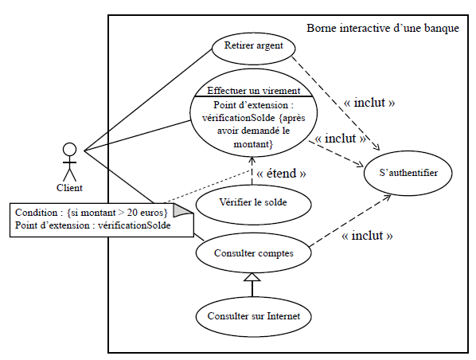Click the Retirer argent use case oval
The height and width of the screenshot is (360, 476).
(254, 46)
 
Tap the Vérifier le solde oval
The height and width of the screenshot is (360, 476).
(252, 203)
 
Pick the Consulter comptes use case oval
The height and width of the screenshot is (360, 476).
(254, 253)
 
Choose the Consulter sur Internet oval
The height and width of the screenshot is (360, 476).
(253, 315)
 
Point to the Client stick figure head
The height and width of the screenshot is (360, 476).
(70, 150)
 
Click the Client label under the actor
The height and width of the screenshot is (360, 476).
(70, 188)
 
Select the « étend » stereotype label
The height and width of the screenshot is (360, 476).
(279, 172)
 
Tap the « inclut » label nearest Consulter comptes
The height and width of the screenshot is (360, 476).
(368, 236)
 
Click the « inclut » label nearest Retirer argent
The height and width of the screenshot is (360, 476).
(369, 104)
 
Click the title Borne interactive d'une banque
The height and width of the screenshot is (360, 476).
(382, 29)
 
